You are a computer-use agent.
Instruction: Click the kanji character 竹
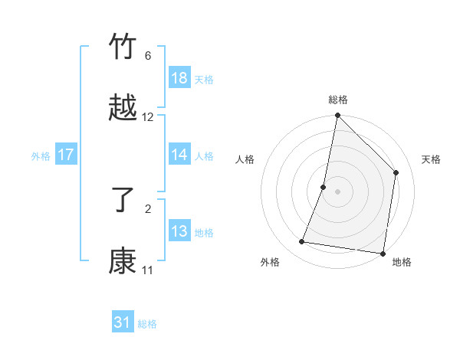[123, 47]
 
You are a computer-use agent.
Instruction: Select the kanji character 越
[123, 108]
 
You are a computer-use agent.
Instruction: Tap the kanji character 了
[123, 200]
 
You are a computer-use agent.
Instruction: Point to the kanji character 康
[123, 261]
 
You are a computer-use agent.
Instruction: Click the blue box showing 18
[179, 78]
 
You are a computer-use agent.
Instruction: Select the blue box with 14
[179, 155]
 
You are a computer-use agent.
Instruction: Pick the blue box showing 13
[179, 231]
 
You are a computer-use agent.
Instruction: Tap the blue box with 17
[66, 155]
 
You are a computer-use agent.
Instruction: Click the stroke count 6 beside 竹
[148, 56]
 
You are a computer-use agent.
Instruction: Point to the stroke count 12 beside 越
[148, 117]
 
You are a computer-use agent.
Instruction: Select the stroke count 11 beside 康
[148, 270]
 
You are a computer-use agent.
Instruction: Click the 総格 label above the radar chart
[338, 100]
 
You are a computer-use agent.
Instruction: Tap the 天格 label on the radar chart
[431, 159]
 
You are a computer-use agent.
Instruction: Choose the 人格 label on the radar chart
[245, 159]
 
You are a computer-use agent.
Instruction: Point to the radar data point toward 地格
[383, 253]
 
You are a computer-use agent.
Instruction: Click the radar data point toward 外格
[302, 242]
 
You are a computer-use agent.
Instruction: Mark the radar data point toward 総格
[338, 116]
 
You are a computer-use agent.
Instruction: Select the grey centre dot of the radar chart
[338, 191]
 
